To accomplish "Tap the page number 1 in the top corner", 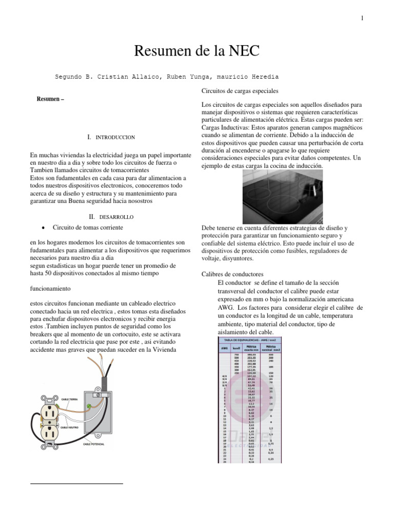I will [x=362, y=18].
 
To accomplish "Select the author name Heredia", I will [x=263, y=77].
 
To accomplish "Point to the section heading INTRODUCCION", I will [x=115, y=138].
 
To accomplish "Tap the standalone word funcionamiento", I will [x=53, y=289].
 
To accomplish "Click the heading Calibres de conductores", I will [x=233, y=274].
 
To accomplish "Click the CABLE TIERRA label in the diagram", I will [x=70, y=399].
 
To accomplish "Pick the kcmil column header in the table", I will [x=237, y=348].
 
